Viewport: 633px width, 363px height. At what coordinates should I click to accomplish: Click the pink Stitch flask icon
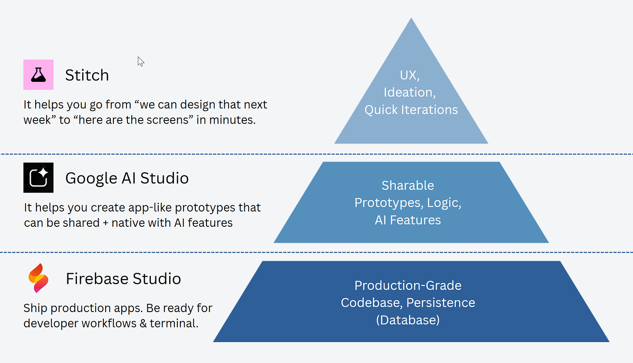(x=38, y=75)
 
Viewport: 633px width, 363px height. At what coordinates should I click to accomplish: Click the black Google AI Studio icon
(x=38, y=178)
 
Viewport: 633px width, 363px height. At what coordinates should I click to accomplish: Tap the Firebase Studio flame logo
(x=38, y=278)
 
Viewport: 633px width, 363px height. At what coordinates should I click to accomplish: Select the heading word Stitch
(x=87, y=75)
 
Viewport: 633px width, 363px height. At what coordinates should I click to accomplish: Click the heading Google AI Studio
(x=127, y=178)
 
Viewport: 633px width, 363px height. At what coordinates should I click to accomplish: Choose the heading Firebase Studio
(x=123, y=279)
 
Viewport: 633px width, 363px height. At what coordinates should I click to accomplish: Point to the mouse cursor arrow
(x=140, y=61)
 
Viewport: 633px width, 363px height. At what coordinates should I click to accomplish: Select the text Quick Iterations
(x=411, y=110)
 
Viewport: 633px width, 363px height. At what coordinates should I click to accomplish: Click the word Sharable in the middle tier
(x=408, y=185)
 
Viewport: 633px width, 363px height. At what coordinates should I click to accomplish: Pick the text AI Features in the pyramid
(x=408, y=220)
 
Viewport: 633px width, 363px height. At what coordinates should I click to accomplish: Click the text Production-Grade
(x=408, y=286)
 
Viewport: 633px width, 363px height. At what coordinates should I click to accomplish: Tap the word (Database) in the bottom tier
(x=408, y=320)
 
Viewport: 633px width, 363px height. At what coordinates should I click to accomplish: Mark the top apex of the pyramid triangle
(x=411, y=19)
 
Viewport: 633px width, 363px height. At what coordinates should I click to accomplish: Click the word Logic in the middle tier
(x=443, y=203)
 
